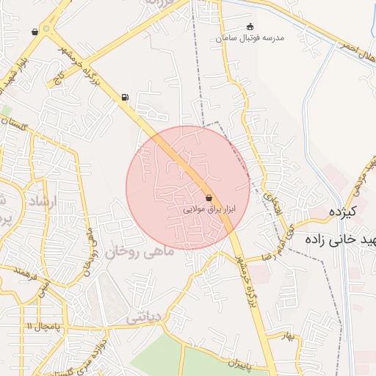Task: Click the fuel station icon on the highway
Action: click(125, 97)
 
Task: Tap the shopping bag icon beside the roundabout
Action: click(35, 32)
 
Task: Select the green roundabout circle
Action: click(48, 29)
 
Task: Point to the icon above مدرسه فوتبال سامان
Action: click(250, 26)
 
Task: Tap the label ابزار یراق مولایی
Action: click(211, 209)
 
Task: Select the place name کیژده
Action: click(342, 213)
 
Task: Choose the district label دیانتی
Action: click(143, 317)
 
